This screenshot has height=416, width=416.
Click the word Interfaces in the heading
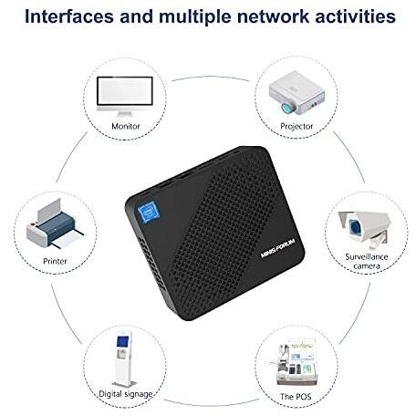(69, 16)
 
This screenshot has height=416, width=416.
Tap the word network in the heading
(273, 16)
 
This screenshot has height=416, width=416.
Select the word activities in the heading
(355, 16)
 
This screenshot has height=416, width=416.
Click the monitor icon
(125, 96)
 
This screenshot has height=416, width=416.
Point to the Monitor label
(126, 126)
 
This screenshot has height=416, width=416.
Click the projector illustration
(296, 92)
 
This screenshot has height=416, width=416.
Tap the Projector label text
(296, 127)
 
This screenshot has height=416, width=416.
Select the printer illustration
(55, 224)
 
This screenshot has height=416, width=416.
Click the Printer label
(55, 261)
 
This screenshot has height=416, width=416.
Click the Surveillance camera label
(367, 261)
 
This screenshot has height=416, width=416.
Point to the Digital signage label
(126, 394)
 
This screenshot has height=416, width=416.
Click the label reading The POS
(296, 397)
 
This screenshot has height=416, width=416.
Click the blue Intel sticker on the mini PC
(149, 212)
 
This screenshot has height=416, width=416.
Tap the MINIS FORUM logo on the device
(278, 248)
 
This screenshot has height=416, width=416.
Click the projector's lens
(287, 108)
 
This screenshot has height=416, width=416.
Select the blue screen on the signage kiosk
(123, 342)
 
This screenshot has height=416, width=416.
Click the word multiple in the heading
(195, 16)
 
